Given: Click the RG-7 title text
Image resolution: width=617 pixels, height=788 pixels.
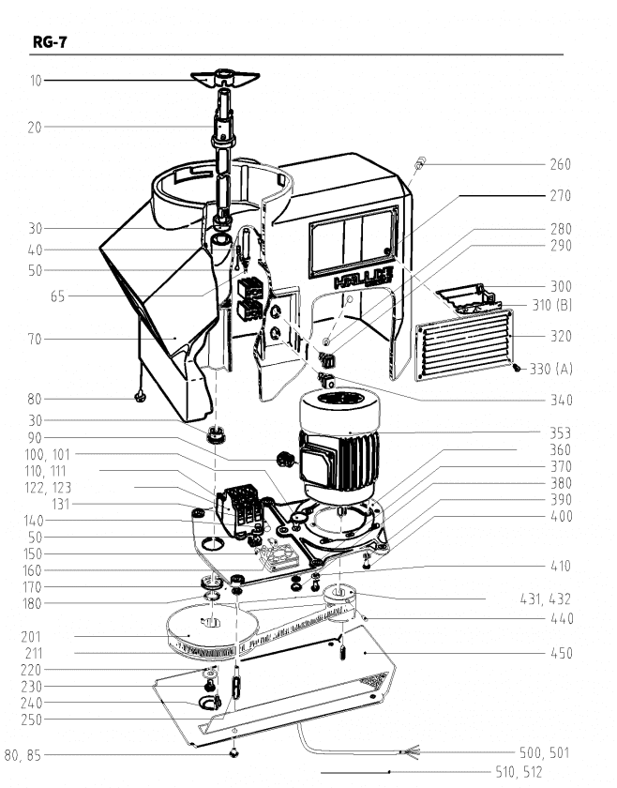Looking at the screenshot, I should (49, 41).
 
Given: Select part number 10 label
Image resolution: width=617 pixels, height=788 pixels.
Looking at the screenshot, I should (36, 81).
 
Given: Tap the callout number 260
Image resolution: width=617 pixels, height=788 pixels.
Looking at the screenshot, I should (560, 164).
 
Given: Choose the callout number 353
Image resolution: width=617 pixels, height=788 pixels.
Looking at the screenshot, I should (561, 433).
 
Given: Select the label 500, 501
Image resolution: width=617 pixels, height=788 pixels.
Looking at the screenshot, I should (545, 752).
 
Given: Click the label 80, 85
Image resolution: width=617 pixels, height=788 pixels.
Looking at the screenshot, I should (23, 753).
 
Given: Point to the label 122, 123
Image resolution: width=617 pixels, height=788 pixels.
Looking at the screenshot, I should (49, 488).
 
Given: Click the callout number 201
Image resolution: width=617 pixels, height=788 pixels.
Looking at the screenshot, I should (31, 636).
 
